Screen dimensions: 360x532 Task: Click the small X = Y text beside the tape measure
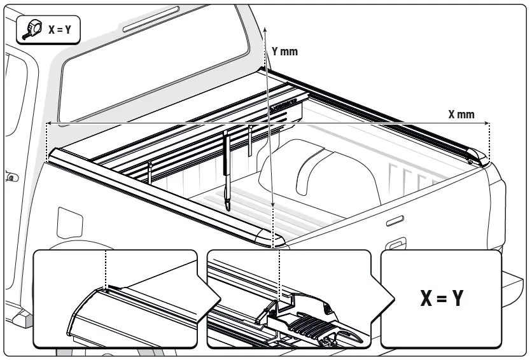pos(60,30)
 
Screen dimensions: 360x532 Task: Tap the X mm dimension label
pos(461,114)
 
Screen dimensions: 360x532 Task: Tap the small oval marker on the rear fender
pos(395,220)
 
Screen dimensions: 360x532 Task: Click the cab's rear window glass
pos(153,70)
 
